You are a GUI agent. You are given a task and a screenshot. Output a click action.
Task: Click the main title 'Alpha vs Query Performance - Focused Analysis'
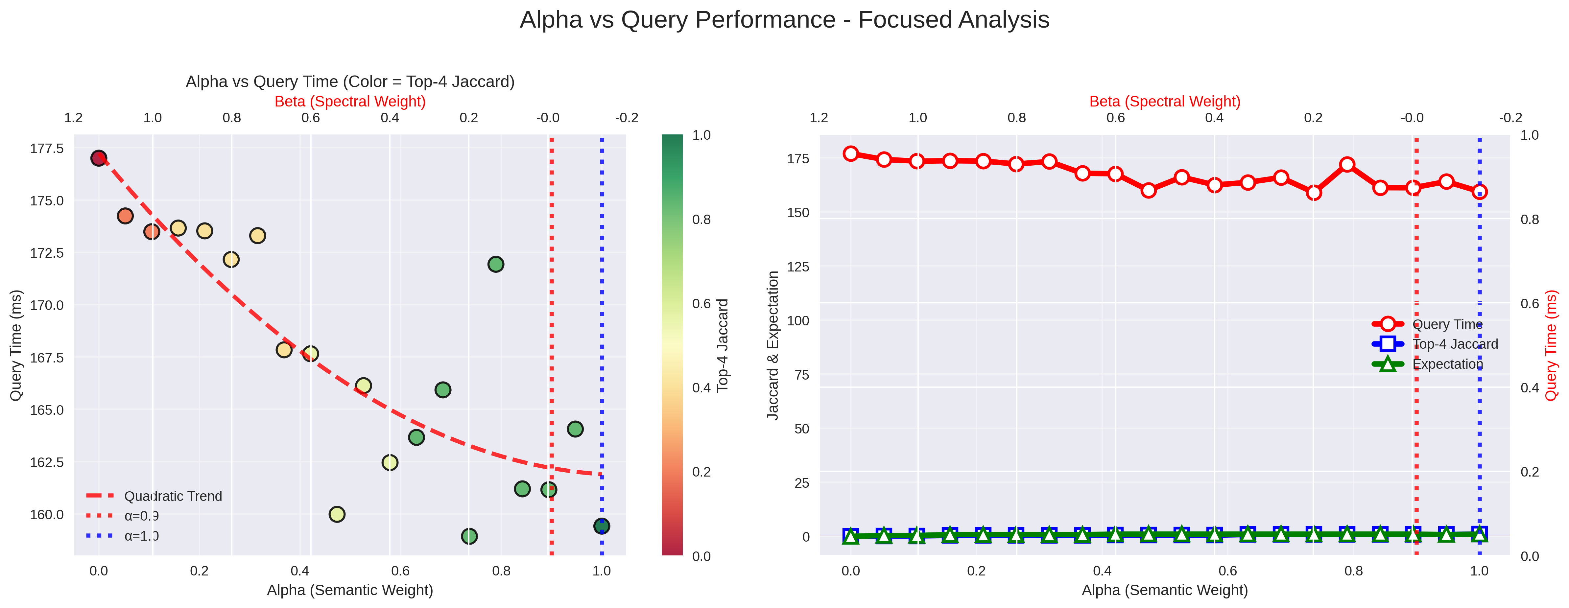tap(784, 20)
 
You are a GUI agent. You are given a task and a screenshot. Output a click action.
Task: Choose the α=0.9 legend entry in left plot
tap(141, 516)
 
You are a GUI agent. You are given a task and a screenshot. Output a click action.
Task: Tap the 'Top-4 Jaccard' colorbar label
tap(723, 345)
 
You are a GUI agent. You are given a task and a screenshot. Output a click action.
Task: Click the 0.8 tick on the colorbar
tap(702, 219)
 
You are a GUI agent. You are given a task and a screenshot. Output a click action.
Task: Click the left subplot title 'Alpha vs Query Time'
tap(350, 82)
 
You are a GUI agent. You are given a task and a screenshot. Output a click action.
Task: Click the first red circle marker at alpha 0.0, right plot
tap(851, 153)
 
